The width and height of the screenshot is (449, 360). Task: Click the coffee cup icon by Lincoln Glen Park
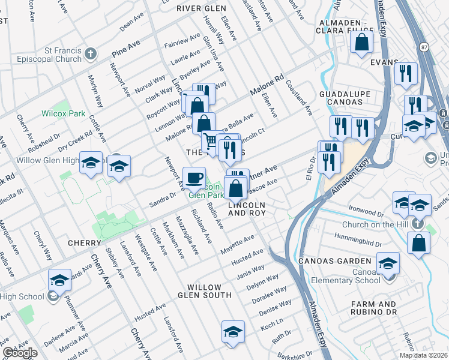coord(194,178)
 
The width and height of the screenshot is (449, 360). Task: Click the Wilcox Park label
coord(55,113)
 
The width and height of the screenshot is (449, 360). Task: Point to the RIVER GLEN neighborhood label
coord(201,8)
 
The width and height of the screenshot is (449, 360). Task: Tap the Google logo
coord(20,353)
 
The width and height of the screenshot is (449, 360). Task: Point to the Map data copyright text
coord(424,355)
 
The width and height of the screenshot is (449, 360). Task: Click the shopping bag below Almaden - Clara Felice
coord(362,42)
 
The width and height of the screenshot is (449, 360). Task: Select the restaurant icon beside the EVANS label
coord(406,73)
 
